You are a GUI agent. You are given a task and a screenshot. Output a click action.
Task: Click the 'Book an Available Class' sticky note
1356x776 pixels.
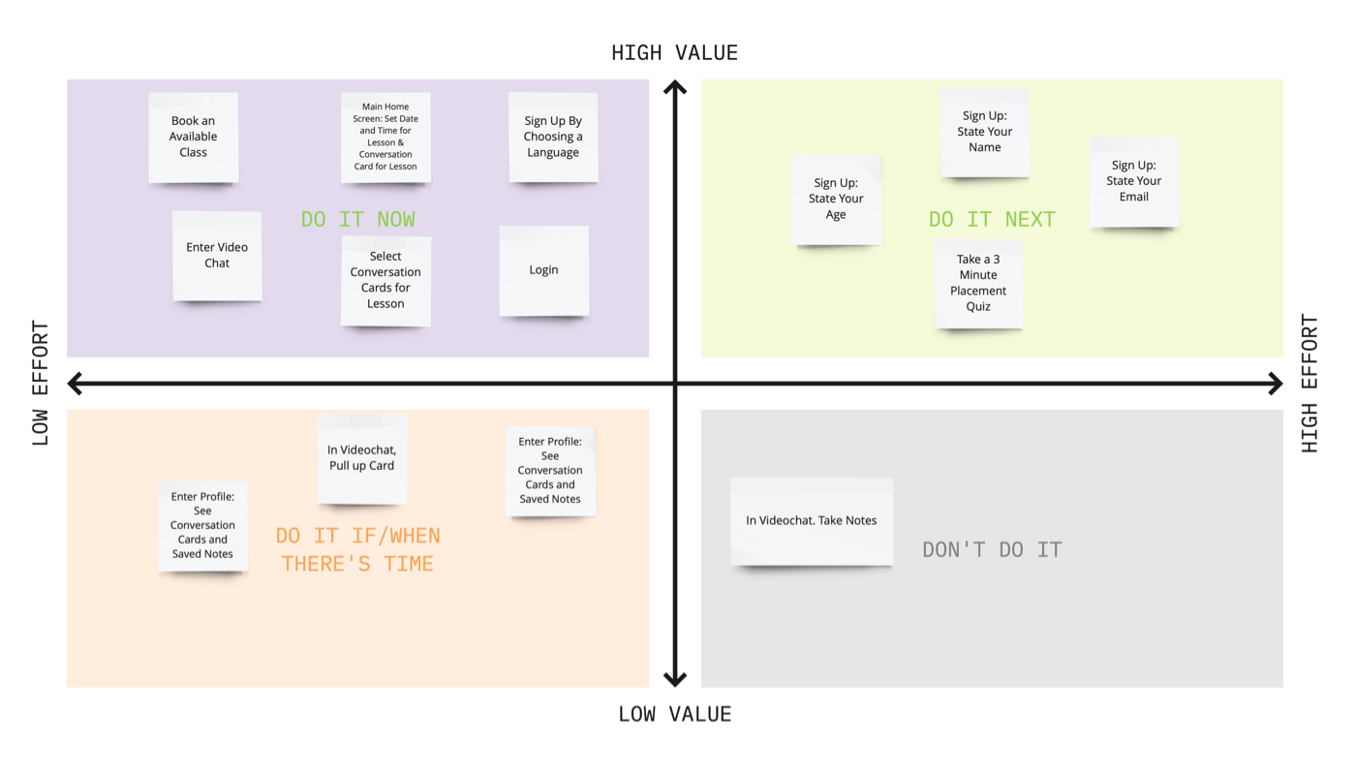coord(193,137)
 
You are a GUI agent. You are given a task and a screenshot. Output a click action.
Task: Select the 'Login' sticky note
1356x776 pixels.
coord(543,270)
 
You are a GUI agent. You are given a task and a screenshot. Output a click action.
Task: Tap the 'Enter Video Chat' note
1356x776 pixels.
coord(217,256)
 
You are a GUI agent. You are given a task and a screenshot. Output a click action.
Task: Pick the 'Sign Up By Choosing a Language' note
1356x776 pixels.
coord(553,137)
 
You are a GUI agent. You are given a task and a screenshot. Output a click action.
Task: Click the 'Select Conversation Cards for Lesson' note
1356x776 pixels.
coord(385,280)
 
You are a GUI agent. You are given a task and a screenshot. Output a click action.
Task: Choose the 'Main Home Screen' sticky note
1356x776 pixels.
coord(385,137)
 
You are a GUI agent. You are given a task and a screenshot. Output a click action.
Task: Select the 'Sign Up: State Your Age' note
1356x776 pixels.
coord(836,199)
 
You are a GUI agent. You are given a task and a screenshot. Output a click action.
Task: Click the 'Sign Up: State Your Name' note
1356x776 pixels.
coord(985,132)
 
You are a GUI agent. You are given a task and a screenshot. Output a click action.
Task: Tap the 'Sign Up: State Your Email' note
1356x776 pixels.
coord(1134,181)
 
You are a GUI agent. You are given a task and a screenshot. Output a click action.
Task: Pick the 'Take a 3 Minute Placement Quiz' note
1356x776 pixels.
coord(978,283)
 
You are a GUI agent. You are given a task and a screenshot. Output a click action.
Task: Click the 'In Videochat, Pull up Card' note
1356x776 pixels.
coord(361,458)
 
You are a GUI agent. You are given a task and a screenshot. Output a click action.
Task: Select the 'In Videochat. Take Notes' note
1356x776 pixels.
coord(812,520)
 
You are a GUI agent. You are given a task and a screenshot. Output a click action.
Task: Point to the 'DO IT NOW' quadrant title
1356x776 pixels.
coord(358,220)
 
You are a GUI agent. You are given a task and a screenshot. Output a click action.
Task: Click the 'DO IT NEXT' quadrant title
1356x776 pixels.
coord(992,220)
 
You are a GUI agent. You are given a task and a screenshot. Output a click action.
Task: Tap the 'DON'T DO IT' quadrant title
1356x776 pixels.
coord(992,550)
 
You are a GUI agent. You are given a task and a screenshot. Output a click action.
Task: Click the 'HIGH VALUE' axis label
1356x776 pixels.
coord(674,53)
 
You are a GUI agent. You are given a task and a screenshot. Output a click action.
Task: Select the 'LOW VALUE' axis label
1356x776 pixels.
coord(674,715)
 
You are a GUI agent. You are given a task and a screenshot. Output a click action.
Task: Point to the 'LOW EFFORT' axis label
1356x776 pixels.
coord(41,383)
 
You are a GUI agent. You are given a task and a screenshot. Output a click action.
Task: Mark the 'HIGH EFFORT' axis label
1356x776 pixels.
coord(1310,383)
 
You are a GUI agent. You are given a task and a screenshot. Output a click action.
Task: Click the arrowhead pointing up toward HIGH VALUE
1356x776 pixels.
coord(675,88)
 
